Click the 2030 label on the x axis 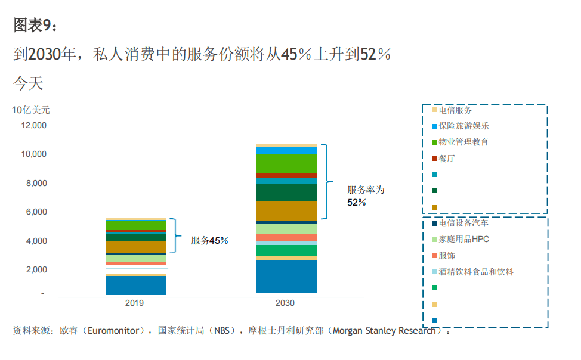click(x=285, y=303)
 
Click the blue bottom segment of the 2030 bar click(x=286, y=276)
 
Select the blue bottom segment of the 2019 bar click(x=136, y=285)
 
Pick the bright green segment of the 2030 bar click(x=286, y=163)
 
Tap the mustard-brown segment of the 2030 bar click(x=286, y=210)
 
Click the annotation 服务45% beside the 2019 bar click(x=209, y=241)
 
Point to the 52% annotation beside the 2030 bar click(x=357, y=203)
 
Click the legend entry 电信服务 click(x=455, y=110)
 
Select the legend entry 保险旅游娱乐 click(x=463, y=126)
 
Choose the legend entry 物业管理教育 click(x=463, y=142)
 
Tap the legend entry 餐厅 click(x=447, y=159)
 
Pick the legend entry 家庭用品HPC click(x=463, y=240)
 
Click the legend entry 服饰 click(x=447, y=256)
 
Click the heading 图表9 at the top click(x=35, y=25)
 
